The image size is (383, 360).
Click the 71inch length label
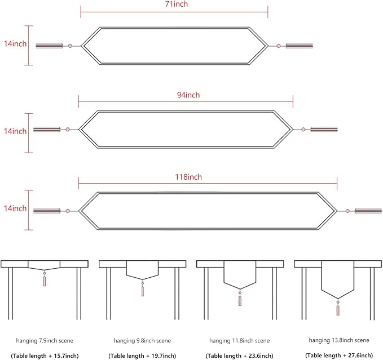(177, 4)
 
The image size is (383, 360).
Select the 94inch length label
(188, 95)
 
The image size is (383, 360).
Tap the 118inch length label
(188, 177)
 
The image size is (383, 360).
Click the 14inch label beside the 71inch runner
(15, 43)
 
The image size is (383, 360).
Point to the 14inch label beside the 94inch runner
(15, 131)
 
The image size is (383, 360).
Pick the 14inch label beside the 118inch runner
(15, 208)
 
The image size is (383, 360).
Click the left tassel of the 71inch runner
(49, 46)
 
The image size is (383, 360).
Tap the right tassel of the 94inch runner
(324, 129)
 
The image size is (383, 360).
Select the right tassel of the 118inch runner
(368, 211)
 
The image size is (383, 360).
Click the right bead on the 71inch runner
(279, 46)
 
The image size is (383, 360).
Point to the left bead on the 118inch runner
(68, 211)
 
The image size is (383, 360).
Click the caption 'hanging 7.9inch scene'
(45, 340)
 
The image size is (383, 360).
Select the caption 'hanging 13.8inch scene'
(339, 340)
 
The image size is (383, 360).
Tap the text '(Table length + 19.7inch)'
(142, 355)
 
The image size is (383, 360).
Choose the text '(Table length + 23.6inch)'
(239, 355)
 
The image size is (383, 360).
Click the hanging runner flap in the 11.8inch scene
(240, 274)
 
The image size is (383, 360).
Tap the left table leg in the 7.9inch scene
(10, 294)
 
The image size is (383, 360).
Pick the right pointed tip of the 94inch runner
(293, 129)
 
